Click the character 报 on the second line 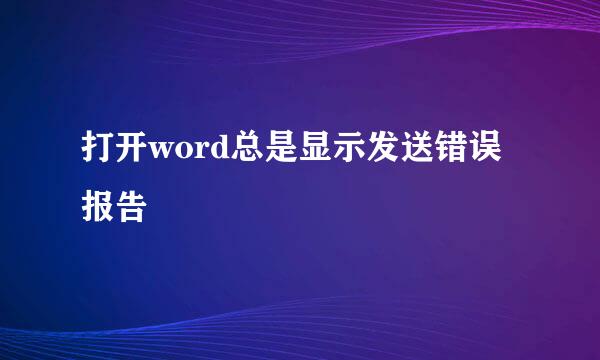click(x=97, y=207)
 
